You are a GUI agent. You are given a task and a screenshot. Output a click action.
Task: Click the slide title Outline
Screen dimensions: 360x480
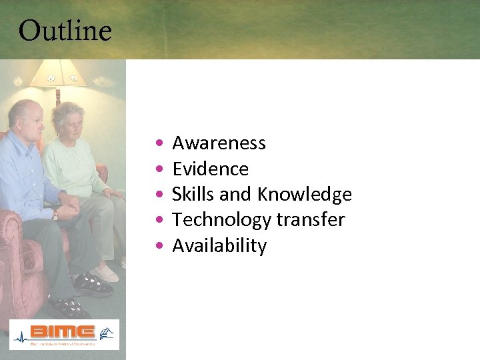(65, 31)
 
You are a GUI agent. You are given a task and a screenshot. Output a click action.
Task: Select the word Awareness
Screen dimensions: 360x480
(219, 143)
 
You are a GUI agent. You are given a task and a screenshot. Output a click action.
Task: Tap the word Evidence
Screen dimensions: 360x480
(210, 169)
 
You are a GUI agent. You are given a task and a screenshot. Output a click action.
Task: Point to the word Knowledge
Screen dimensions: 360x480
(305, 195)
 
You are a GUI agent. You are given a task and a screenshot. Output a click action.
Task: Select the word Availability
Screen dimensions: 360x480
(219, 246)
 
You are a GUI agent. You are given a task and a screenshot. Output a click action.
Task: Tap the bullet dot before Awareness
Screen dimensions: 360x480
(157, 144)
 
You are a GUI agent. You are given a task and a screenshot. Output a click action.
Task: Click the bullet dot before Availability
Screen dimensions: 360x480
(157, 246)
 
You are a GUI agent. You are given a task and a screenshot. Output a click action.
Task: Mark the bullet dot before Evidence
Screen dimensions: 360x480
(157, 169)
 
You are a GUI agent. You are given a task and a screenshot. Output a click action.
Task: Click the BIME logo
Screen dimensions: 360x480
(64, 334)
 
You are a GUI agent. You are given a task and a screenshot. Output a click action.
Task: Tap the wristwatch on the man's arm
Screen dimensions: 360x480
(55, 215)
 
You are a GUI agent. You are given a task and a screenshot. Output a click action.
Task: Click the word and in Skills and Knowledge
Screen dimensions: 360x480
(235, 195)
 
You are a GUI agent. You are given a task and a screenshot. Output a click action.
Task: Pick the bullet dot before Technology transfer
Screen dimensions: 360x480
(157, 221)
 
